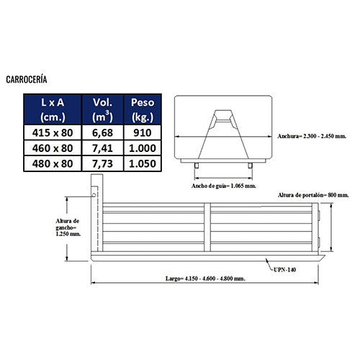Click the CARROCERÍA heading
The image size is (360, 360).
point(27,79)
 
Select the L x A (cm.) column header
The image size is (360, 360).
point(53,109)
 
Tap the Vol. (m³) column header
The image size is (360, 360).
point(103,109)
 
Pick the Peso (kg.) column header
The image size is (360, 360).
point(143,109)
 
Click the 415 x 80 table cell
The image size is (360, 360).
point(53,132)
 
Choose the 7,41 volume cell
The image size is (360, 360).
point(103,148)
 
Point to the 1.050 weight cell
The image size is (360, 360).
point(143,163)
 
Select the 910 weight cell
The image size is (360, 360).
point(143,132)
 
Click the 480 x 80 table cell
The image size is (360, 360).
point(53,163)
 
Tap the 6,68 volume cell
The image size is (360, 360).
point(103,132)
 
